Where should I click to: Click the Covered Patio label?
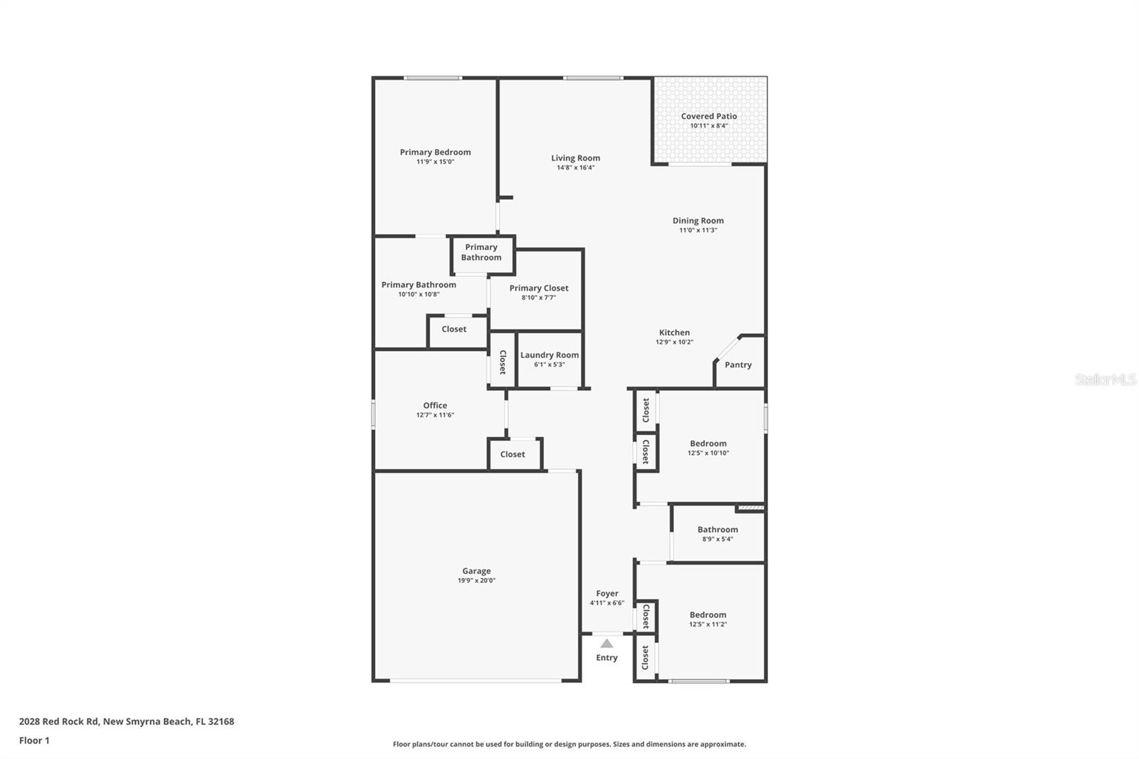coord(708,116)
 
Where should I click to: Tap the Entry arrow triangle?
coord(607,644)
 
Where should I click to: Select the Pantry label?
coord(738,365)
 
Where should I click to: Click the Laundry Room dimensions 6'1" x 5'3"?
coord(549,365)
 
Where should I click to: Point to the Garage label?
coord(476,570)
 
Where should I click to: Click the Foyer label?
coord(607,593)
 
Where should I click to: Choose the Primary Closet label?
coord(538,288)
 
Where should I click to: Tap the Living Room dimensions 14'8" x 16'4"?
coord(575,168)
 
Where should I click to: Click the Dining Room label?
coord(698,221)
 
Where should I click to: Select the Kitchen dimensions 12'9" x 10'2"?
coord(674,342)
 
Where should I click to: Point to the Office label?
coord(435,405)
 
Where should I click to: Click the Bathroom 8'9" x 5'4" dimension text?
coord(717,539)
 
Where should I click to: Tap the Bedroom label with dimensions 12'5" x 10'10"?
coord(708,443)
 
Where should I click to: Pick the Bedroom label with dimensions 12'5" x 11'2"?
coord(708,614)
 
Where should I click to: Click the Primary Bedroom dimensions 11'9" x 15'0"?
coord(435,162)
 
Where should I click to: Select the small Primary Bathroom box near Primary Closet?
coord(481,253)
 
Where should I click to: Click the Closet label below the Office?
coord(512,454)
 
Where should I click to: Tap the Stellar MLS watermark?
coord(1105,379)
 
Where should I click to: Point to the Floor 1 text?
coord(34,740)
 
